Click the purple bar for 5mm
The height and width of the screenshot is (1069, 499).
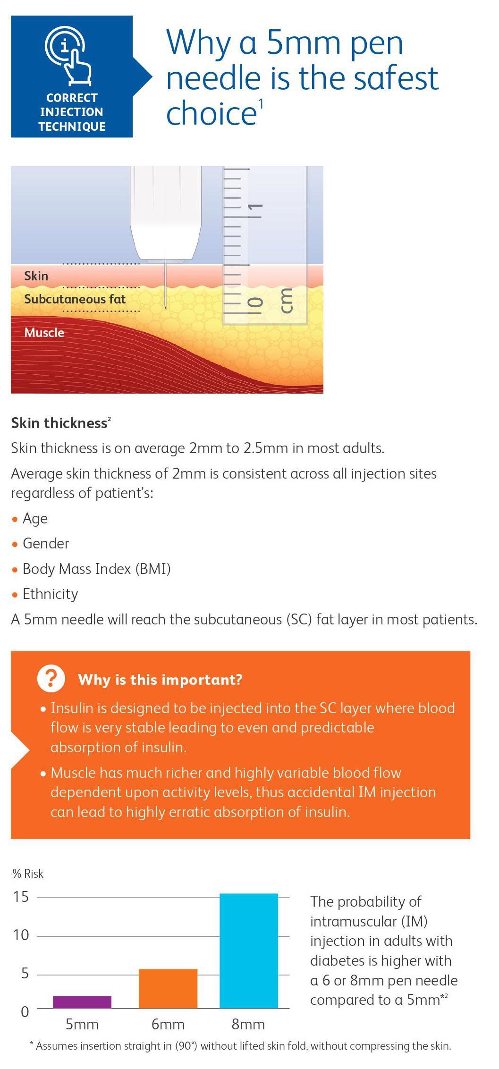pyautogui.click(x=82, y=1002)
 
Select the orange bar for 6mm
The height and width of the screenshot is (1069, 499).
pyautogui.click(x=168, y=988)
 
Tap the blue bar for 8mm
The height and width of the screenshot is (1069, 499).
pyautogui.click(x=249, y=951)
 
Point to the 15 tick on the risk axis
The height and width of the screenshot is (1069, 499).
pyautogui.click(x=21, y=897)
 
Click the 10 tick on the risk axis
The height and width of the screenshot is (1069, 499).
pyautogui.click(x=21, y=935)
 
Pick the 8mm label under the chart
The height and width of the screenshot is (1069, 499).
pyautogui.click(x=248, y=1024)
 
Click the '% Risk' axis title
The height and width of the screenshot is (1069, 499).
pyautogui.click(x=28, y=874)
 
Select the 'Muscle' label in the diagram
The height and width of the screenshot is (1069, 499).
pyautogui.click(x=44, y=333)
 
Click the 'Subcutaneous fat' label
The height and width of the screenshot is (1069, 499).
pyautogui.click(x=75, y=299)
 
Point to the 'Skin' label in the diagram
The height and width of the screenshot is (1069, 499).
pyautogui.click(x=36, y=276)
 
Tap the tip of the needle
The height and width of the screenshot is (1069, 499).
pyautogui.click(x=166, y=309)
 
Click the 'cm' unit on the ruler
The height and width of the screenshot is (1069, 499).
pyautogui.click(x=286, y=300)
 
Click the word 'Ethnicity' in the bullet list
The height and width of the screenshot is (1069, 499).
pyautogui.click(x=51, y=594)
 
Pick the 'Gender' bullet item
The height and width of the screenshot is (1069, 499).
pyautogui.click(x=46, y=544)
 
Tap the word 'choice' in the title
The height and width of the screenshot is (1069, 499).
pyautogui.click(x=211, y=113)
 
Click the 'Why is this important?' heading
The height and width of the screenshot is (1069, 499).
pyautogui.click(x=161, y=680)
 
